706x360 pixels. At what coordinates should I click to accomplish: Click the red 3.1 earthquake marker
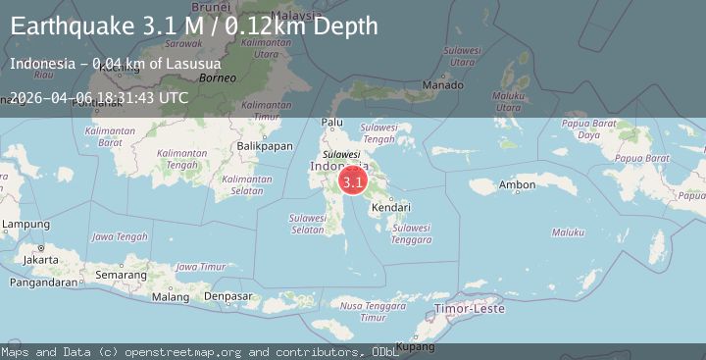click(x=353, y=181)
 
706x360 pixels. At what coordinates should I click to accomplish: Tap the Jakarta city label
click(x=40, y=260)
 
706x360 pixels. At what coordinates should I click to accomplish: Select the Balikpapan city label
click(x=265, y=146)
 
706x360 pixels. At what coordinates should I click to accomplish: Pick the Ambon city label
click(x=517, y=184)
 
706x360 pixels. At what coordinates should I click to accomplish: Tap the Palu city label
click(x=333, y=123)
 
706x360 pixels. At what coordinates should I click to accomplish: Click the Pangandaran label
click(x=42, y=283)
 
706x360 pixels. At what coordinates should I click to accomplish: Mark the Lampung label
click(x=25, y=225)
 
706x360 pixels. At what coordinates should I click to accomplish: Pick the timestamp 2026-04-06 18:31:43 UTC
click(x=99, y=97)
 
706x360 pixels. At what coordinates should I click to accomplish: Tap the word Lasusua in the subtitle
click(x=193, y=64)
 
